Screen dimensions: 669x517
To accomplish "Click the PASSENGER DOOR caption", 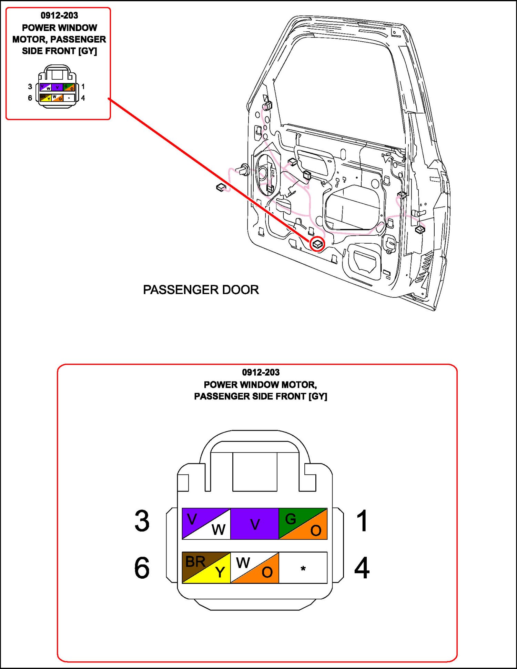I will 201,290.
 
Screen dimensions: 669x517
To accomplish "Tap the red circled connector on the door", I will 317,244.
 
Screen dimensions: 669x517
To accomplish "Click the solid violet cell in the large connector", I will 255,524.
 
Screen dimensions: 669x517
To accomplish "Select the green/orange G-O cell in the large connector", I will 303,524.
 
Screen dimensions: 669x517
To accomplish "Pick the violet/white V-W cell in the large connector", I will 206,524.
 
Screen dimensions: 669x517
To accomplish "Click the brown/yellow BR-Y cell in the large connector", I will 206,568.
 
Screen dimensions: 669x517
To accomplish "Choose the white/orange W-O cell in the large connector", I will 255,568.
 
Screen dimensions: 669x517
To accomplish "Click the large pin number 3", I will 142,521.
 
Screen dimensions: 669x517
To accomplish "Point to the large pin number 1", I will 362,521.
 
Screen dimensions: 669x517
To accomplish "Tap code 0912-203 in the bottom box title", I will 261,372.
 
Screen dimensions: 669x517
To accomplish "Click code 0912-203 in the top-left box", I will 59,16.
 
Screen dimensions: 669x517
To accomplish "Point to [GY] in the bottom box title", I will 317,396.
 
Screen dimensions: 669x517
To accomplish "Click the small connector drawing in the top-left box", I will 57,87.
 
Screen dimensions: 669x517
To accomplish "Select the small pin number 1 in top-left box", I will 83,87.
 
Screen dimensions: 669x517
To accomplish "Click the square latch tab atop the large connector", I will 255,472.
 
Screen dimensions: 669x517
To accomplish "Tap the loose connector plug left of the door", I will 221,187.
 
